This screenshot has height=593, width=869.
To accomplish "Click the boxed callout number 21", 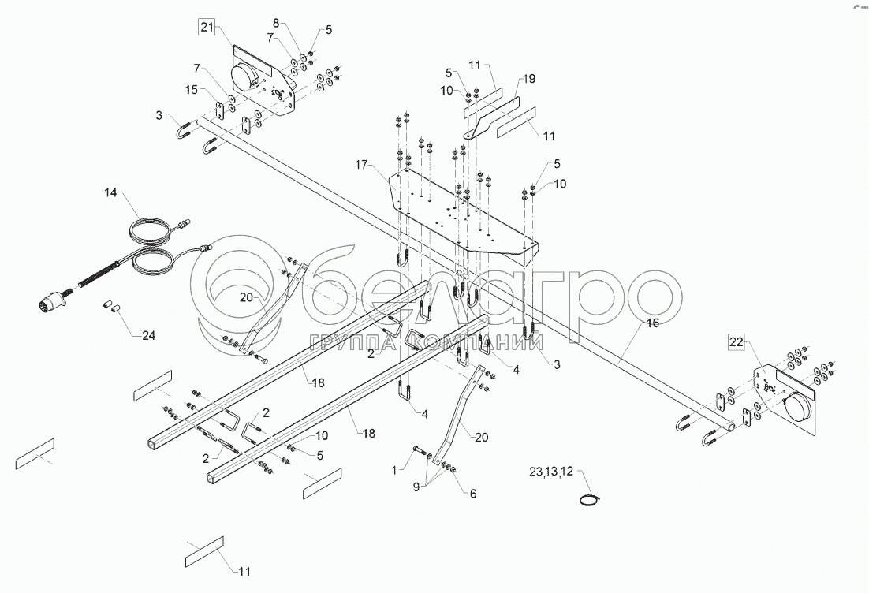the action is pos(207,28).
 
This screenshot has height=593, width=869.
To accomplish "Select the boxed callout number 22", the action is pos(736,341).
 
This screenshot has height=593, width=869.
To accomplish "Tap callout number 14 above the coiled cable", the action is pos(110,192).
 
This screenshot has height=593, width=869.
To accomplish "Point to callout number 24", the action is pos(148,336).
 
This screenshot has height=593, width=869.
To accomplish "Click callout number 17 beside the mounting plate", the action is pos(361,165).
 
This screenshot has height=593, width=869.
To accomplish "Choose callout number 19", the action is pos(528,79).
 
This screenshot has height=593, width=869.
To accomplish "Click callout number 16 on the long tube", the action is pos(651,323).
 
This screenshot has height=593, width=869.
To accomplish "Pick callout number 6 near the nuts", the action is pos(473,494).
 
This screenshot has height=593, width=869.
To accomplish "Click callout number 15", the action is pos(191,91).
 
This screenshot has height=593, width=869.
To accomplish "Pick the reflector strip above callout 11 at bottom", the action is pos(204,552).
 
